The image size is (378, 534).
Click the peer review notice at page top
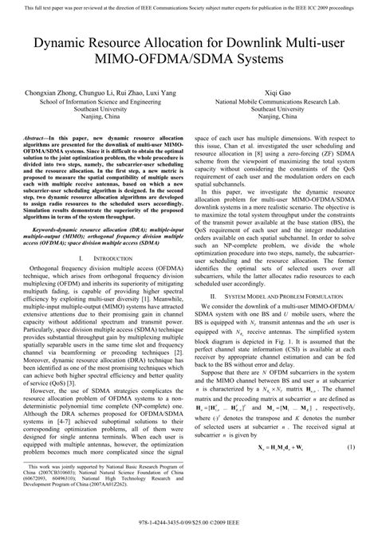click(188, 6)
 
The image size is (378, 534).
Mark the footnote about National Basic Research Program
click(96, 495)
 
